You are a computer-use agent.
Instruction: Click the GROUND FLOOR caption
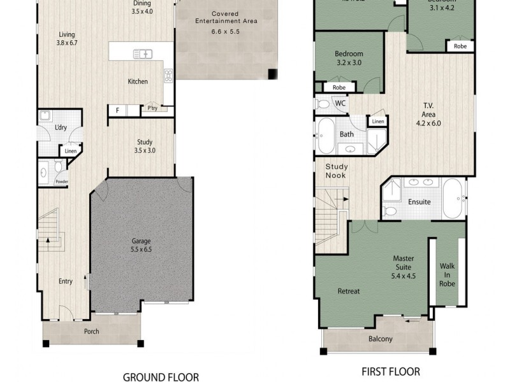(x=161, y=376)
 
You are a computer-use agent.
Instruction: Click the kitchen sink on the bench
(x=142, y=54)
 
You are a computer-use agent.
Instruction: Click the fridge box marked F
(x=117, y=111)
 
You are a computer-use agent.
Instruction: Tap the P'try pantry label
(x=152, y=109)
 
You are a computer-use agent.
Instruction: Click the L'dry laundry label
(x=61, y=128)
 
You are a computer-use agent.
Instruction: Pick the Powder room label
(x=61, y=182)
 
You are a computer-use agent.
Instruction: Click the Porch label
(x=92, y=332)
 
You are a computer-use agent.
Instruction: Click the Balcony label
(x=381, y=339)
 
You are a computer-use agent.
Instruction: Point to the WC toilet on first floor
(x=323, y=104)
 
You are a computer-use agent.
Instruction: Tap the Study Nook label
(x=336, y=170)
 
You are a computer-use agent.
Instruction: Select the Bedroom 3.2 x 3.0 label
(x=349, y=59)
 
